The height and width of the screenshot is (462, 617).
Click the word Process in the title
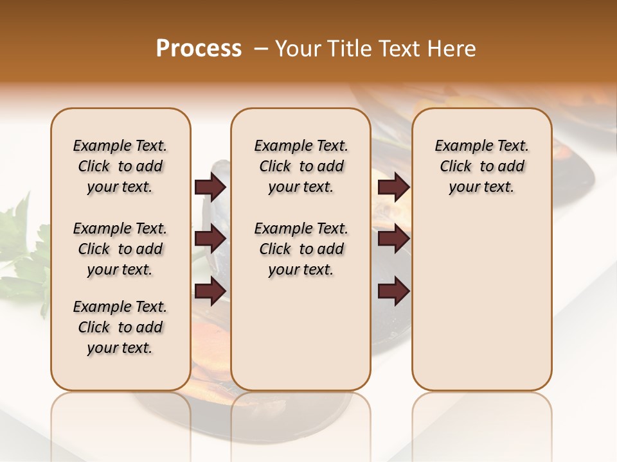point(199,49)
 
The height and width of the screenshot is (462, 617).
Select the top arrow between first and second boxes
point(210,187)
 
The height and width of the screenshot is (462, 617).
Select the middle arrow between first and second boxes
point(210,239)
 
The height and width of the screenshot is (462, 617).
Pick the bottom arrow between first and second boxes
point(210,291)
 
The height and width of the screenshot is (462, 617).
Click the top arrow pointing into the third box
point(394,187)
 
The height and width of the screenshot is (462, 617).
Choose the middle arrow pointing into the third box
point(394,239)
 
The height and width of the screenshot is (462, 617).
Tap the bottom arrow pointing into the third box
point(394,291)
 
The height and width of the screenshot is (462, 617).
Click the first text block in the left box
point(120,166)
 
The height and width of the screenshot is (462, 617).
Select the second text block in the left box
point(120,249)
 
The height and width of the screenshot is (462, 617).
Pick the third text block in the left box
point(120,327)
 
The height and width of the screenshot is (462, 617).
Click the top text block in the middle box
point(301,166)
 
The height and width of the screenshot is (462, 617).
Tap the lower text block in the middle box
point(301,249)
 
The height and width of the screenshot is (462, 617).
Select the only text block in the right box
point(482,166)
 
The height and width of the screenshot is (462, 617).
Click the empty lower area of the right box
point(482,302)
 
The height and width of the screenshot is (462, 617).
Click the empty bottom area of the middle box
point(301,340)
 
